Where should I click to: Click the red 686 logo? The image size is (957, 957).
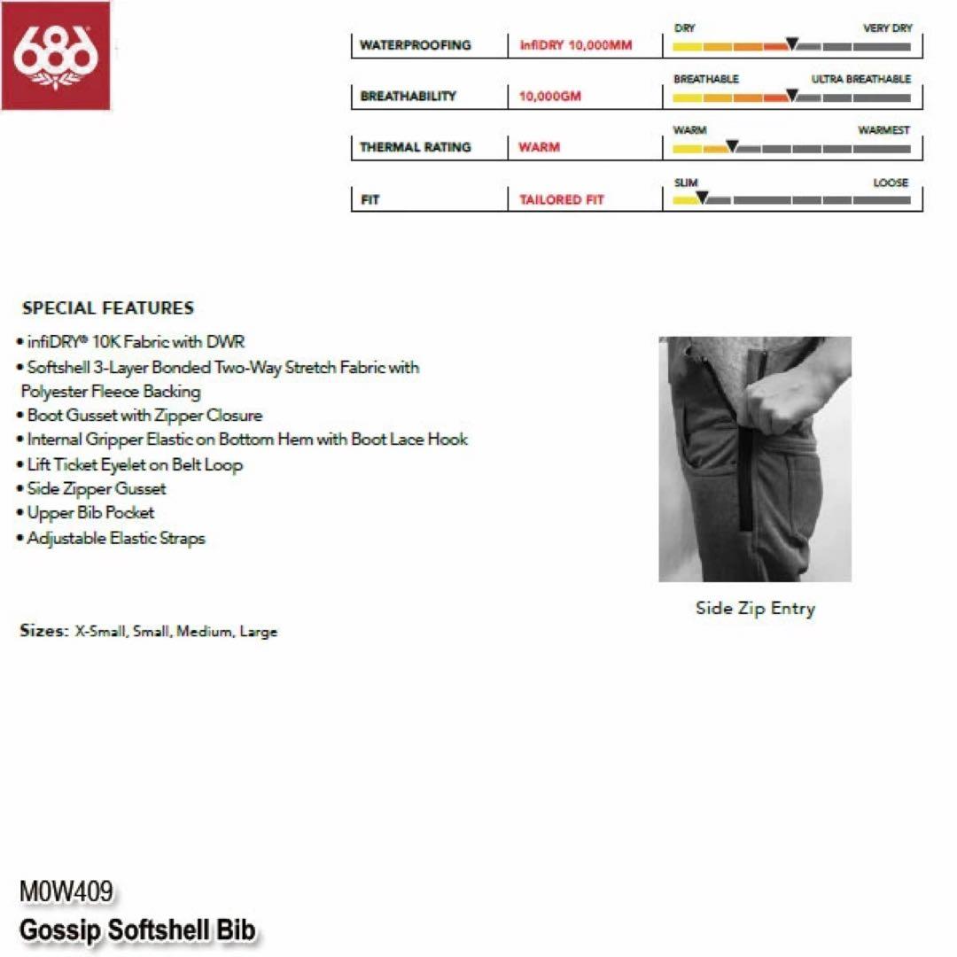pos(55,55)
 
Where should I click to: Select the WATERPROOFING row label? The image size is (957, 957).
pos(415,45)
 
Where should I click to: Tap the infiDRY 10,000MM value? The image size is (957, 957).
pos(576,45)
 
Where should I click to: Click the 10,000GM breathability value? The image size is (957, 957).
pos(550,96)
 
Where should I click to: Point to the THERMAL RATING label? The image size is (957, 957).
pos(415,147)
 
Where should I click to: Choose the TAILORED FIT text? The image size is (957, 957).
pos(562,200)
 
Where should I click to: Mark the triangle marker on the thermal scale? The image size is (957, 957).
pos(732,146)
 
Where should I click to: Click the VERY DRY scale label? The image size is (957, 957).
pos(887,28)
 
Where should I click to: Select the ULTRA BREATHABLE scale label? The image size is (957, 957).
pos(860,79)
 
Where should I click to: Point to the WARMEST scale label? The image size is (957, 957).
pos(883,130)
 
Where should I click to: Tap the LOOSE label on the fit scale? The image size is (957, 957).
pos(891,183)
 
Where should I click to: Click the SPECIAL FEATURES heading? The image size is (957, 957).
pos(108,308)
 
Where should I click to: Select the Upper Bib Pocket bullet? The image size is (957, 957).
pos(90,513)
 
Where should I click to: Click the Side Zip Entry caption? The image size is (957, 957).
pos(755,608)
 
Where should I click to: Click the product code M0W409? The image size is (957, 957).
pos(66,891)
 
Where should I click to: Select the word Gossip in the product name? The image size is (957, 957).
pos(60,930)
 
